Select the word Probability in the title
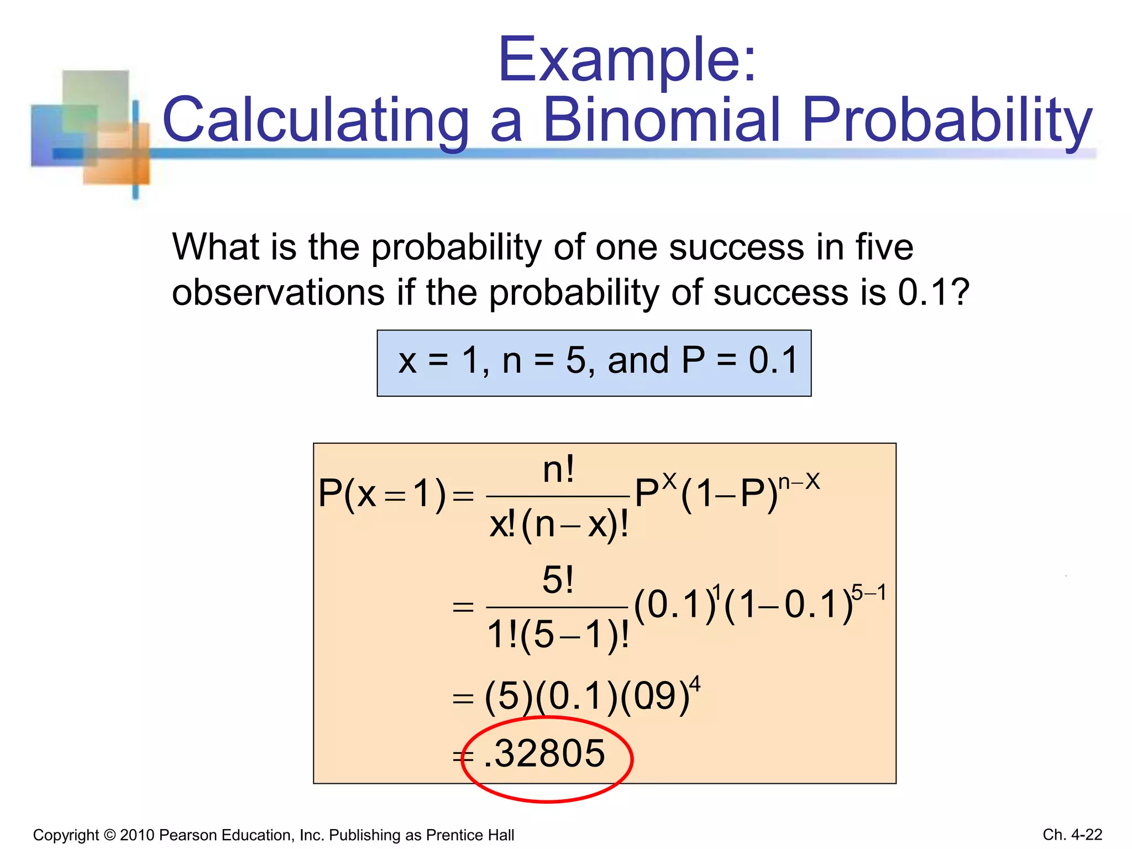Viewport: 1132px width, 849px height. point(947,120)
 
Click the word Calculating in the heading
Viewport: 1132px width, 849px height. point(316,120)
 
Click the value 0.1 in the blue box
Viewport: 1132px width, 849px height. point(773,360)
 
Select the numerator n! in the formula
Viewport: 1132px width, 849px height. point(558,470)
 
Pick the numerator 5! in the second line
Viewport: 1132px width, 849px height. point(558,580)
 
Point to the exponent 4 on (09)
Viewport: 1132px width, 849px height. point(695,684)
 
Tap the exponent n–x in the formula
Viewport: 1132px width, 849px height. point(799,482)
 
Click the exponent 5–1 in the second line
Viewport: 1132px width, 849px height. point(869,593)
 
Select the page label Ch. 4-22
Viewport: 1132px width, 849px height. point(1072,835)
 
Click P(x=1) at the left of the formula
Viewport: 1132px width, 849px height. point(381,494)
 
